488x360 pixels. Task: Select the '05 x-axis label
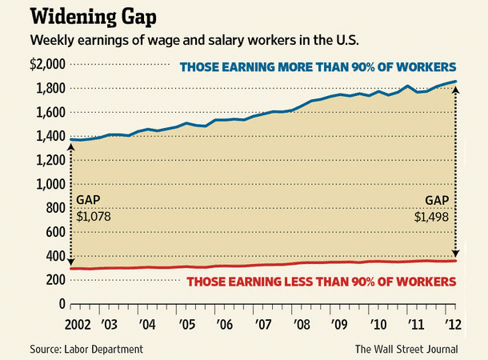pyautogui.click(x=186, y=327)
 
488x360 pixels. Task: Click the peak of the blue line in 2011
pyautogui.click(x=408, y=86)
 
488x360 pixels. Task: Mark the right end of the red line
pyautogui.click(x=457, y=261)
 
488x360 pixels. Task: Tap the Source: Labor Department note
pyautogui.click(x=76, y=349)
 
